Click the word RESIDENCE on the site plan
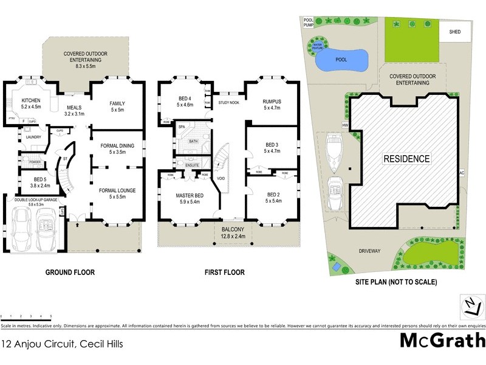406,159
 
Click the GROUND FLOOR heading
70,272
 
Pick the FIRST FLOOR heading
224,272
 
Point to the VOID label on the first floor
221,179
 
